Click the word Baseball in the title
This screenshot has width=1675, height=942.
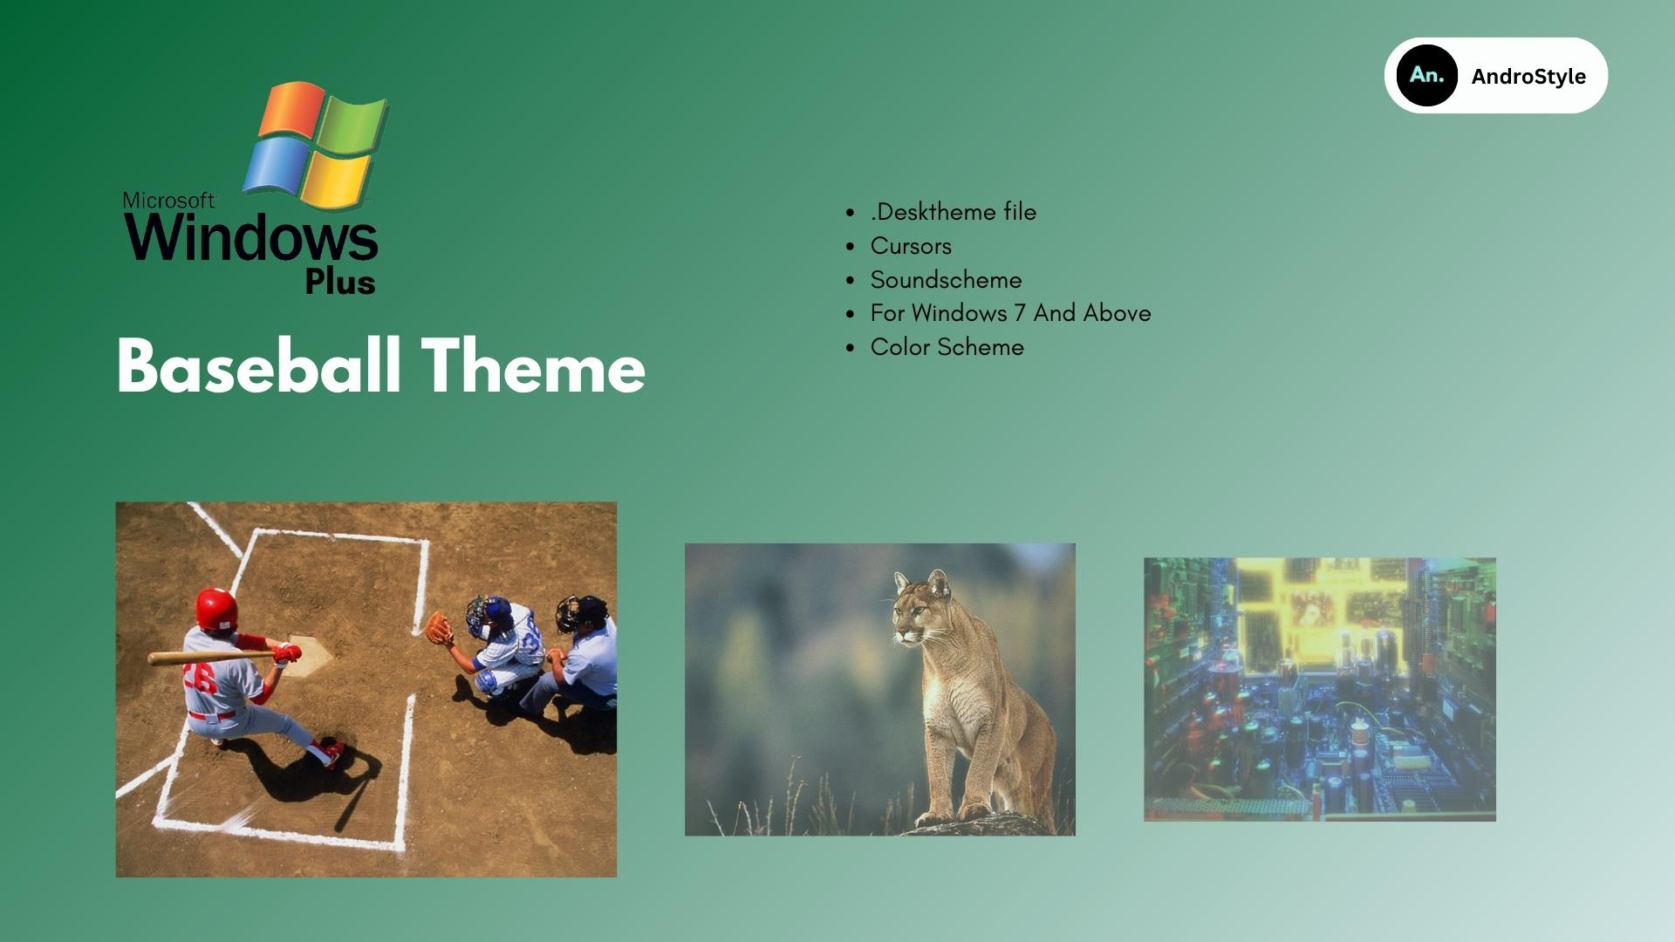pos(259,366)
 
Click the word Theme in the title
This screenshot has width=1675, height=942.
pos(534,366)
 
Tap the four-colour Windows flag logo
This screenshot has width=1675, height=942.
pos(316,145)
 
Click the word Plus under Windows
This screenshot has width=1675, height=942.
pos(340,282)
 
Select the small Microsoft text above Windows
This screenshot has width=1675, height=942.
pos(168,201)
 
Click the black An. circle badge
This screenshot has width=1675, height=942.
pos(1426,76)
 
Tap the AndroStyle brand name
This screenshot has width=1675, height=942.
pos(1528,77)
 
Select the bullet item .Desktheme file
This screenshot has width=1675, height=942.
pos(954,212)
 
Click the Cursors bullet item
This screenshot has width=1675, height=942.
pos(911,246)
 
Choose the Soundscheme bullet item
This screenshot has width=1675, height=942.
pos(946,280)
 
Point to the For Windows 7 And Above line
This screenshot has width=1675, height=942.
pos(1010,313)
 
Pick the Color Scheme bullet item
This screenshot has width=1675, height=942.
pos(947,347)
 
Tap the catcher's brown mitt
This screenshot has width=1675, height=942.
pos(439,628)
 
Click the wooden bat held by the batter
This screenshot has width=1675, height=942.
pos(214,657)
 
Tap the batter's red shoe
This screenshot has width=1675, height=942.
pos(330,753)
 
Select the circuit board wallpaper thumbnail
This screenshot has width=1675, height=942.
pos(1320,689)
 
